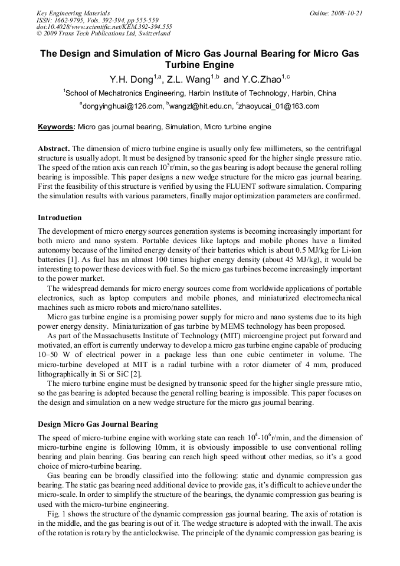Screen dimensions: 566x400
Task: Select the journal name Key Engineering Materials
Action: click(x=73, y=12)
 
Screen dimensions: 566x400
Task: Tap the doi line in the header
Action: click(x=104, y=27)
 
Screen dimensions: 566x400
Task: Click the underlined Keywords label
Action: click(x=55, y=127)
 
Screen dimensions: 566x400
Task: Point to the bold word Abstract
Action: click(x=54, y=148)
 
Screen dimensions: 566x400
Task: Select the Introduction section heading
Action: click(x=60, y=218)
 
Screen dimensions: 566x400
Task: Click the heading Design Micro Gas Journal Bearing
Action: click(x=99, y=424)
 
